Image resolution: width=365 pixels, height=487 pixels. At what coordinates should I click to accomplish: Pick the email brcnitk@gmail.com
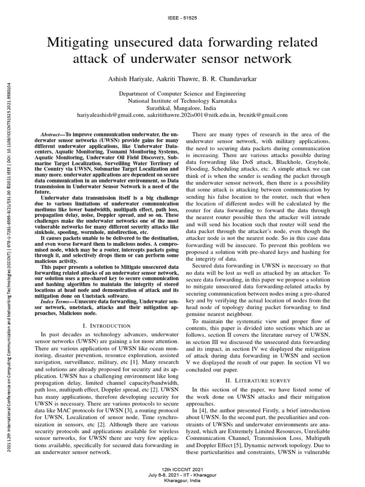pos(264,115)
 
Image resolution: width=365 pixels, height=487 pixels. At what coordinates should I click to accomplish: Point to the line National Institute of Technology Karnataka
pos(182,101)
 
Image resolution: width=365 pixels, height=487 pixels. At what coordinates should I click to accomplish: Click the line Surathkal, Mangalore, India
pos(182,108)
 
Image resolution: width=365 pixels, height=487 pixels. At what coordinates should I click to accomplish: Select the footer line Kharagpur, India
pos(182,481)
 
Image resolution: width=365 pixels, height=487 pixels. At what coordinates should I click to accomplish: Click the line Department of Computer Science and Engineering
pos(182,94)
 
